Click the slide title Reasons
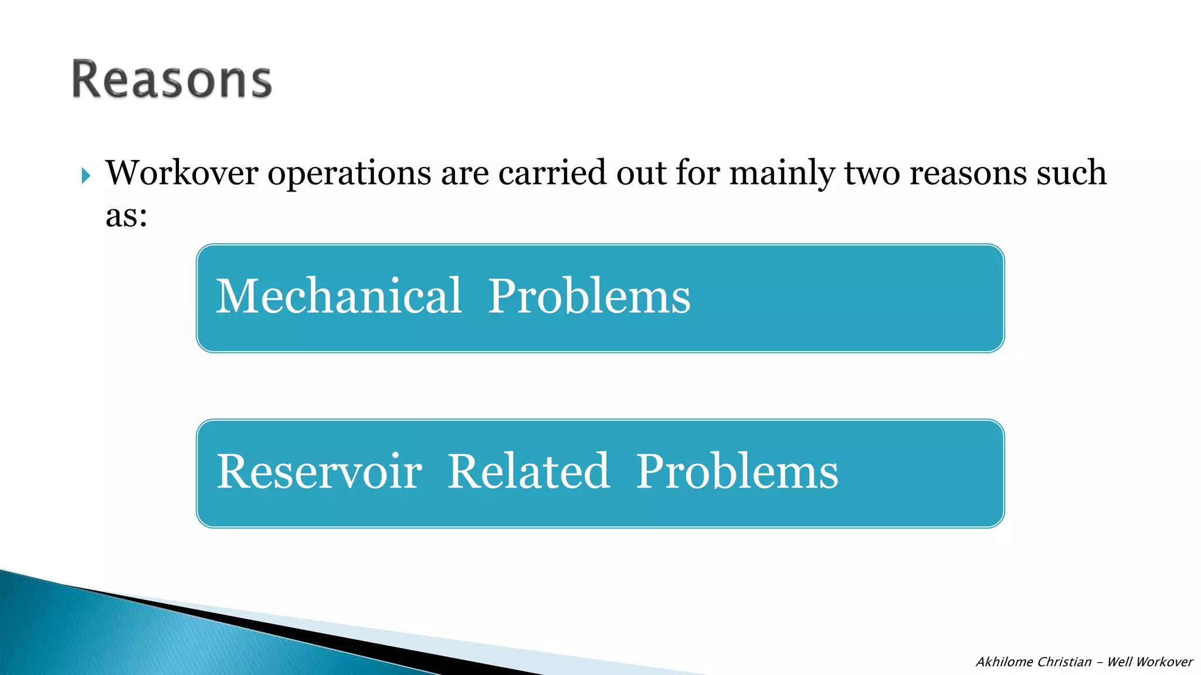tap(171, 80)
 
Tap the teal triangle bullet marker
tap(86, 175)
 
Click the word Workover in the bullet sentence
tap(182, 173)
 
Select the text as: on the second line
tap(126, 216)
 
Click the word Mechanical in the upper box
tap(339, 296)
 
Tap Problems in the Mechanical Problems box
tap(589, 296)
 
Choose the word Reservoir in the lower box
tap(319, 472)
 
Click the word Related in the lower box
tap(528, 472)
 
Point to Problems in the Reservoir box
tap(737, 472)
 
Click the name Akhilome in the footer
tap(1004, 662)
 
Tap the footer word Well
tap(1119, 662)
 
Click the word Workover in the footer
tap(1164, 662)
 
